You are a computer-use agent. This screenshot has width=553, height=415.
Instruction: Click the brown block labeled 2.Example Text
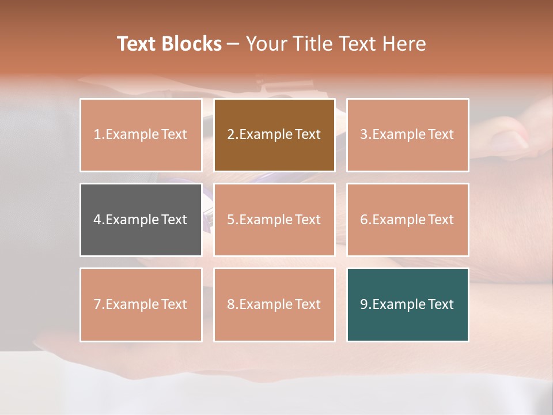pyautogui.click(x=274, y=135)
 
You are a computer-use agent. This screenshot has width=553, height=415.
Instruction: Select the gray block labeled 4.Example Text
pyautogui.click(x=141, y=220)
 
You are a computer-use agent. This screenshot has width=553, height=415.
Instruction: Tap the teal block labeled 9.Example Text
pyautogui.click(x=407, y=304)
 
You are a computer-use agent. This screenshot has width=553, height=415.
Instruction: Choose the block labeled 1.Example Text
pyautogui.click(x=141, y=135)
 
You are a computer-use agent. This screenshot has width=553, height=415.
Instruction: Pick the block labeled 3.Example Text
pyautogui.click(x=407, y=135)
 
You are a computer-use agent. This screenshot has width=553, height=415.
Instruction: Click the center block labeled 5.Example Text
pyautogui.click(x=274, y=220)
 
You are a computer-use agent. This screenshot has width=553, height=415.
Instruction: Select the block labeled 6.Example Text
pyautogui.click(x=407, y=220)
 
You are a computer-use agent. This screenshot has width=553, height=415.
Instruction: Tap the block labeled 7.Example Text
pyautogui.click(x=141, y=304)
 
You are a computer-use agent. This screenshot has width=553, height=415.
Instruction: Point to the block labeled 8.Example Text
pyautogui.click(x=274, y=304)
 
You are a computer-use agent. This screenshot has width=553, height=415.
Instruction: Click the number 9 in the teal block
pyautogui.click(x=364, y=304)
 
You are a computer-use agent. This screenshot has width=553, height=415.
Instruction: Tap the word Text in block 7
pyautogui.click(x=174, y=304)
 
